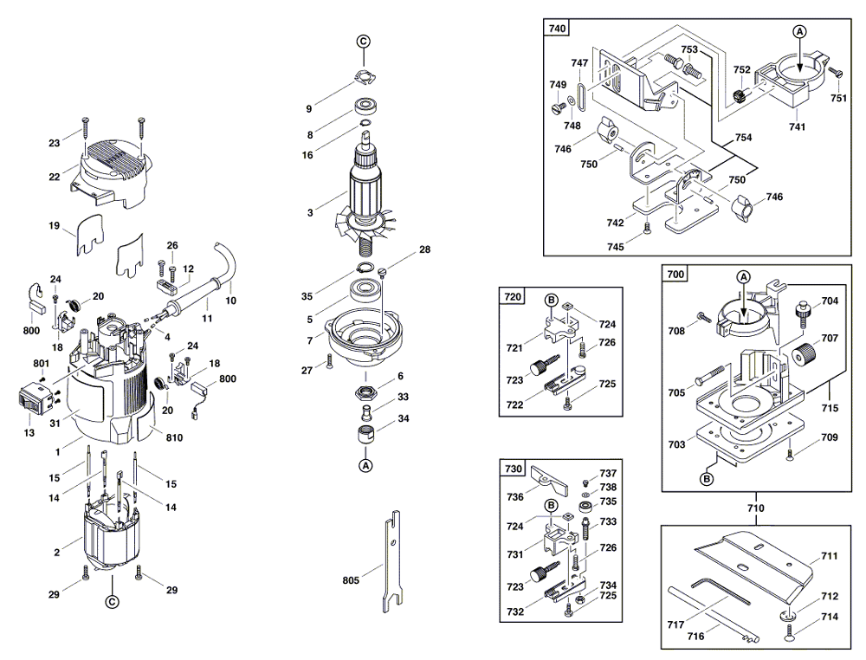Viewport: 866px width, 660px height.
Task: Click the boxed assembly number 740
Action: [x=558, y=29]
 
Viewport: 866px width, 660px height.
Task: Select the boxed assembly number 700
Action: [x=676, y=275]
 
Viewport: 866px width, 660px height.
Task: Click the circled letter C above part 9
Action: [x=364, y=42]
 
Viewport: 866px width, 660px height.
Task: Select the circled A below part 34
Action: [x=365, y=465]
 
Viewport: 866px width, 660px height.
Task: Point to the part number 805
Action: [x=350, y=579]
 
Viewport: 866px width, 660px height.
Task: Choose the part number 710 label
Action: [x=756, y=508]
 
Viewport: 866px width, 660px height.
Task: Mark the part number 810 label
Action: [x=175, y=438]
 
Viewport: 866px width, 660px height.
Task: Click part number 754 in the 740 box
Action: [x=743, y=138]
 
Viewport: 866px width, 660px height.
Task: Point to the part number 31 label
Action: [x=55, y=423]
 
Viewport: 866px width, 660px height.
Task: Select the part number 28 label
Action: [x=424, y=249]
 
